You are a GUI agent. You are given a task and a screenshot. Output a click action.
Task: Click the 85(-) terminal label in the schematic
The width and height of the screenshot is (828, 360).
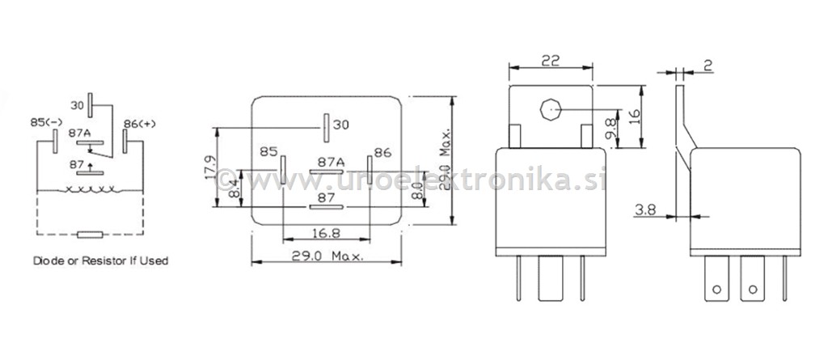click(x=46, y=122)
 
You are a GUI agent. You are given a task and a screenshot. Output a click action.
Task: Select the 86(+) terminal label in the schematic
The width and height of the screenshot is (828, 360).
click(x=139, y=123)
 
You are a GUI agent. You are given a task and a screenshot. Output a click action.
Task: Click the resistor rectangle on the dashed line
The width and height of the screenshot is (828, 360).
click(x=89, y=235)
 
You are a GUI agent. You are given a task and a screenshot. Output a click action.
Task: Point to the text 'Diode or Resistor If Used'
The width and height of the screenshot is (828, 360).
click(x=100, y=261)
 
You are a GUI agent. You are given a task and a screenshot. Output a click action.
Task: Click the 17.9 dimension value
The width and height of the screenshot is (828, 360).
click(x=209, y=167)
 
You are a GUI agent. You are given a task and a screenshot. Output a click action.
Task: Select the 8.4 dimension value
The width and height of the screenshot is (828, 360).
click(x=233, y=189)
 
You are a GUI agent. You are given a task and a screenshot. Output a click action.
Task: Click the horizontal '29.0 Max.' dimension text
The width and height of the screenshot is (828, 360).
click(x=327, y=255)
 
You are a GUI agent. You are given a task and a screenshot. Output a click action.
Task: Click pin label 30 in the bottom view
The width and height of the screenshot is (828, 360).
click(x=341, y=125)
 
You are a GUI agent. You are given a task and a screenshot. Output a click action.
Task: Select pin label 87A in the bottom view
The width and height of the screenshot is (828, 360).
click(x=331, y=162)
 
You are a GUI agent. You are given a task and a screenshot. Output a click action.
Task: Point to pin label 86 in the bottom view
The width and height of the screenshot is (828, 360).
click(x=382, y=151)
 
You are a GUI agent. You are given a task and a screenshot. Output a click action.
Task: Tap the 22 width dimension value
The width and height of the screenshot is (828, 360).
click(x=550, y=61)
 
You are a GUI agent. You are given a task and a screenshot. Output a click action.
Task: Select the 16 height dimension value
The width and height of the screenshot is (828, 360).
click(x=635, y=116)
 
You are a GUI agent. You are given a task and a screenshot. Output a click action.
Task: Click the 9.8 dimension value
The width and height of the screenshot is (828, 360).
click(x=612, y=127)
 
